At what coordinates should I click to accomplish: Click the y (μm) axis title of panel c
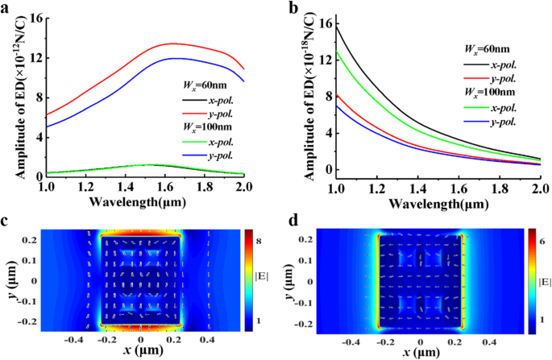pos(11,283)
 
